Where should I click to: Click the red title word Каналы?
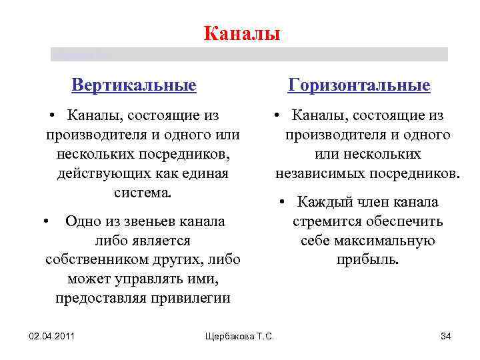pos(241,33)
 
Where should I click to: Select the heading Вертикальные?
pos(134,86)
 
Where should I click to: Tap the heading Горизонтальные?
pos(359,86)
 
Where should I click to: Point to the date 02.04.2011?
pos(51,335)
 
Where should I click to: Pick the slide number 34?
pos(446,335)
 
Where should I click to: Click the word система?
pos(143,193)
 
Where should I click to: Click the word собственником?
pos(91,259)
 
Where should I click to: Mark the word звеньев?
pos(151,221)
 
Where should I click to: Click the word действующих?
pos(102,174)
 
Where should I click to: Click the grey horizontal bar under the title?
pos(249,54)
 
